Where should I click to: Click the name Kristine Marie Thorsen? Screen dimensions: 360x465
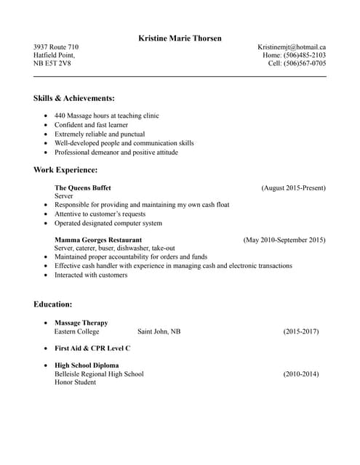click(x=180, y=38)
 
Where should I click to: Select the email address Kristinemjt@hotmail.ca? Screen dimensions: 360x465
click(x=292, y=47)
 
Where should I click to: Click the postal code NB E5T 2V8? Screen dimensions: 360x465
click(x=52, y=63)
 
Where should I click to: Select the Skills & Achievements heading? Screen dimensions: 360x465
click(x=74, y=98)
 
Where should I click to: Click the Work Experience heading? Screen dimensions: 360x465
click(x=65, y=170)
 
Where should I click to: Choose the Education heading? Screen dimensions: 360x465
click(x=52, y=304)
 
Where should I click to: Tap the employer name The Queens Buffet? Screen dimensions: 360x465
click(x=83, y=188)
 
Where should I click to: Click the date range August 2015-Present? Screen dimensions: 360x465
click(x=293, y=188)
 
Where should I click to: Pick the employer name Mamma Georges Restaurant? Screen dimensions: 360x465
click(x=98, y=240)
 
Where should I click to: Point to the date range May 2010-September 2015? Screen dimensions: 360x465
click(x=284, y=240)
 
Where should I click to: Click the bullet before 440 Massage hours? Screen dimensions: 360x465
click(x=47, y=116)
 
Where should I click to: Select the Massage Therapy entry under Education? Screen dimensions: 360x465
click(x=81, y=323)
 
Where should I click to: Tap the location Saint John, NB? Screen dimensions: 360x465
click(x=159, y=331)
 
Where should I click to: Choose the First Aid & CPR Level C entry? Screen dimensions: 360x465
click(x=92, y=348)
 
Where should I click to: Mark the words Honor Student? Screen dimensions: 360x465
click(x=75, y=382)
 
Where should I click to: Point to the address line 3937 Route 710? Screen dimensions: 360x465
click(x=56, y=47)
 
